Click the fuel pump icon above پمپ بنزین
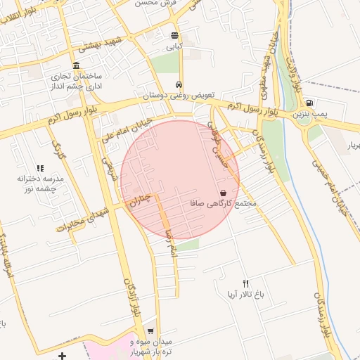(x=310, y=102)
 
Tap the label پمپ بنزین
(x=310, y=113)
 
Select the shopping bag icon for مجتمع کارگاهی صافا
(x=223, y=193)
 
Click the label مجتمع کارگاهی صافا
(x=224, y=204)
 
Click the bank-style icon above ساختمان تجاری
(x=75, y=65)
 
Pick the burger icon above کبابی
(x=174, y=35)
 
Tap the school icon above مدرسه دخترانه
(x=40, y=168)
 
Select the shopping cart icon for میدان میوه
(x=150, y=330)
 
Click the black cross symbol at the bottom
(x=63, y=355)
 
